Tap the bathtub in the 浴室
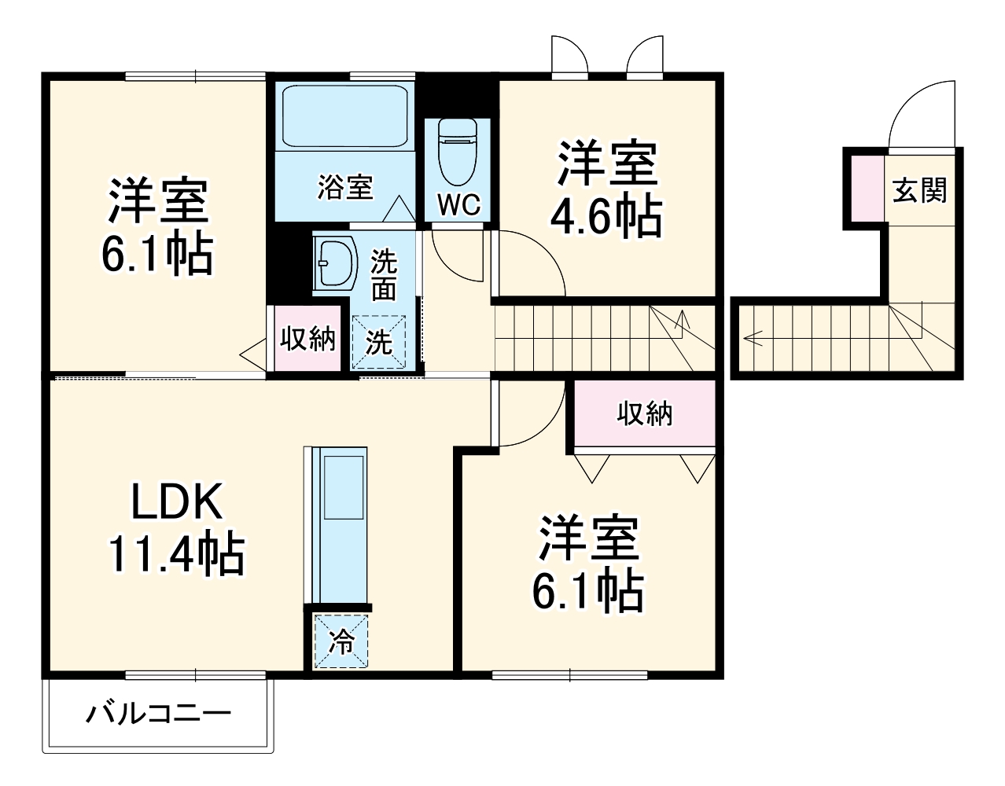[344, 116]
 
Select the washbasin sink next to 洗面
[332, 263]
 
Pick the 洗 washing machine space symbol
[378, 342]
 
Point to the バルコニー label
[158, 714]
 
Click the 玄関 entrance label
[919, 190]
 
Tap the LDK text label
[177, 501]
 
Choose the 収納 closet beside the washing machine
[308, 339]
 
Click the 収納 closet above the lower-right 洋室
[644, 413]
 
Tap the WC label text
[458, 205]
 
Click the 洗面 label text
[384, 275]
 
